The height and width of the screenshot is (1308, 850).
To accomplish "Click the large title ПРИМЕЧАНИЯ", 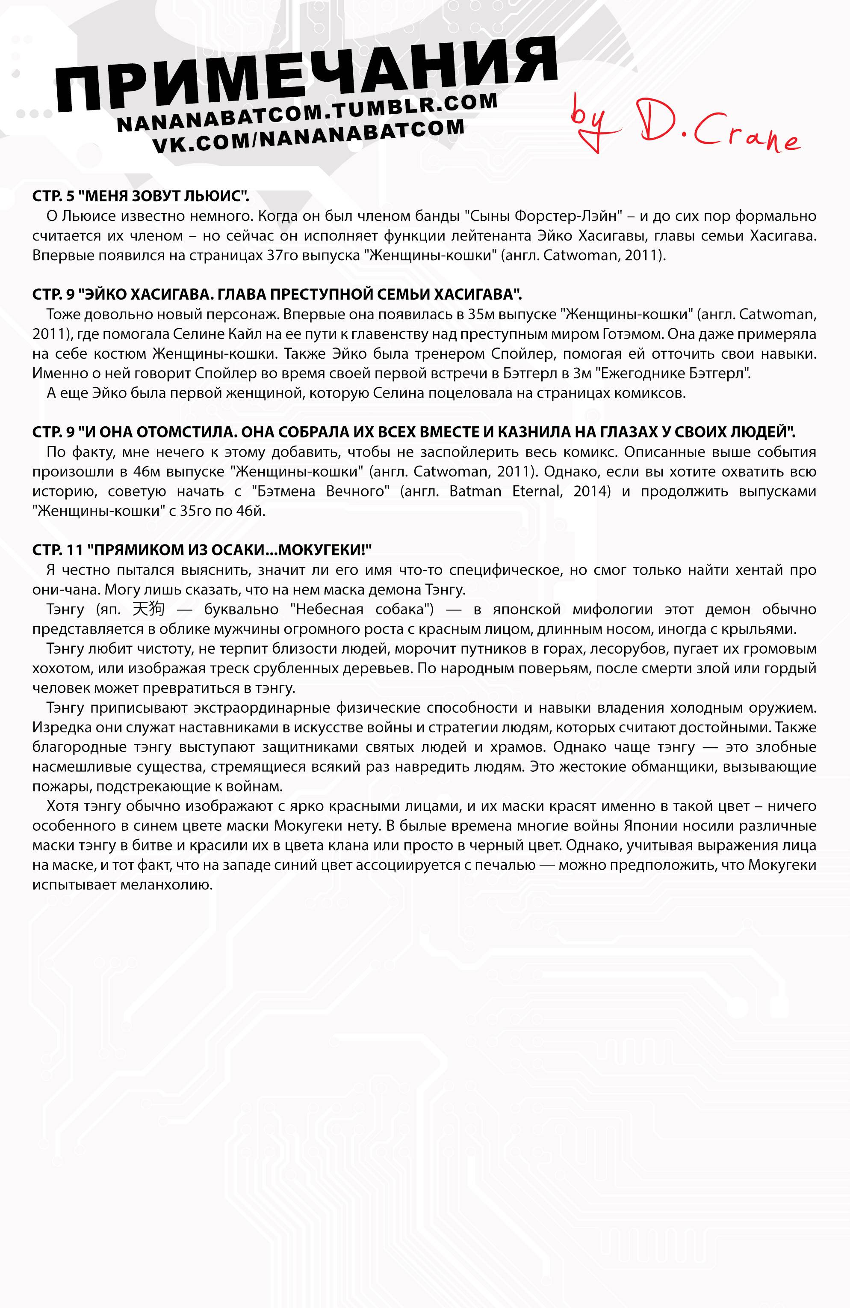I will coord(307,77).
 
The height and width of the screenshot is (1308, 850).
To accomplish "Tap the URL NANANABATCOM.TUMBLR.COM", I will coord(307,113).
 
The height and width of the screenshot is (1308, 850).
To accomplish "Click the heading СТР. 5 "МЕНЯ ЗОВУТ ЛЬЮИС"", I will coord(141,196).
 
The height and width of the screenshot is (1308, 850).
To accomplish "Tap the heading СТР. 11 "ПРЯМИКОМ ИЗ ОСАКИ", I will coord(202,550).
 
